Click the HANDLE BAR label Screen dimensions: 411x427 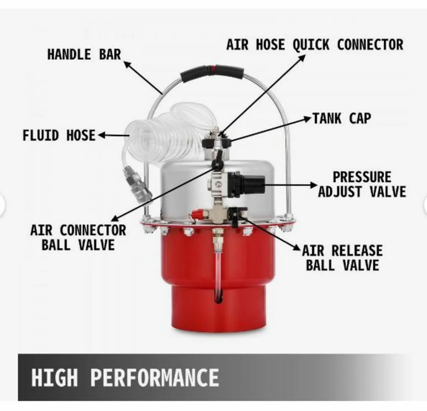84,55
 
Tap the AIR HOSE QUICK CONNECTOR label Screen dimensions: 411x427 315,45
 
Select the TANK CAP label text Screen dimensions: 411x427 342,118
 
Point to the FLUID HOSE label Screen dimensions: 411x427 59,135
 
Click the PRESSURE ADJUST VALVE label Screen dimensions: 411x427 362,184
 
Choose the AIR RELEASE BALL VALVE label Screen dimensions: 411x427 342,258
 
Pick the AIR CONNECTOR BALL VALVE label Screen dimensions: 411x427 78,238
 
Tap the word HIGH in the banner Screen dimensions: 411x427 54,377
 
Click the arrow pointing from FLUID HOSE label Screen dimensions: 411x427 113,135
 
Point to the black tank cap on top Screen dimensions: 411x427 216,143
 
